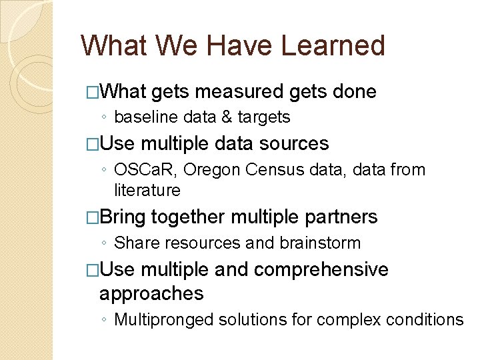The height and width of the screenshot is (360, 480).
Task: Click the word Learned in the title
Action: (333, 45)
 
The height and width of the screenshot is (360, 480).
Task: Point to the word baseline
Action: (141, 117)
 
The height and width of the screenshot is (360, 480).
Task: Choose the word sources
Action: (294, 144)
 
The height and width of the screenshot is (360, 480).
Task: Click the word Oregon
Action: (209, 170)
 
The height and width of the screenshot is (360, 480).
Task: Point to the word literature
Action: (147, 191)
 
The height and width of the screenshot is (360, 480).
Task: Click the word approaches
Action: (151, 293)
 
